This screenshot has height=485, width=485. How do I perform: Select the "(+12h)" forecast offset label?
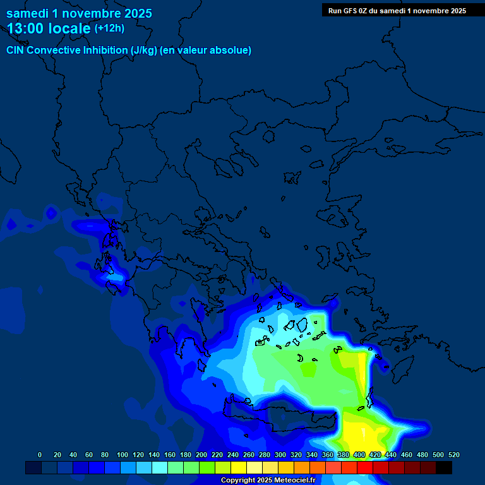pyautogui.click(x=109, y=28)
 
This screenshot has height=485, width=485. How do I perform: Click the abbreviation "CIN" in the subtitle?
pyautogui.click(x=15, y=51)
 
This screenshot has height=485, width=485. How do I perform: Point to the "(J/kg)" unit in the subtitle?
pyautogui.click(x=145, y=51)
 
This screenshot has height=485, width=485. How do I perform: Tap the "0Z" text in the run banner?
pyautogui.click(x=369, y=11)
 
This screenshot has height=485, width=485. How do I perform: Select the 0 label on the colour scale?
pyautogui.click(x=40, y=455)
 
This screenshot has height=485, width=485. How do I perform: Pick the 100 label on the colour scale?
pyautogui.click(x=123, y=455)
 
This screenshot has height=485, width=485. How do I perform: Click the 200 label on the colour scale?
pyautogui.click(x=201, y=455)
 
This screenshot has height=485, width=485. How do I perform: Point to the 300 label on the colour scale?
pyautogui.click(x=280, y=455)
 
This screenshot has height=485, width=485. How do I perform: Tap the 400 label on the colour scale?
pyautogui.click(x=359, y=455)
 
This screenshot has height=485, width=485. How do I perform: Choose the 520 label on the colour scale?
pyautogui.click(x=453, y=455)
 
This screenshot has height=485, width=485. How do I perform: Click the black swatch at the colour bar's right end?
pyautogui.click(x=444, y=467)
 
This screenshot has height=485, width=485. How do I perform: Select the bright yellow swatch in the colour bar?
pyautogui.click(x=239, y=467)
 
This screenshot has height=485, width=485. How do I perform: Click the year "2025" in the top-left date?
pyautogui.click(x=133, y=13)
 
